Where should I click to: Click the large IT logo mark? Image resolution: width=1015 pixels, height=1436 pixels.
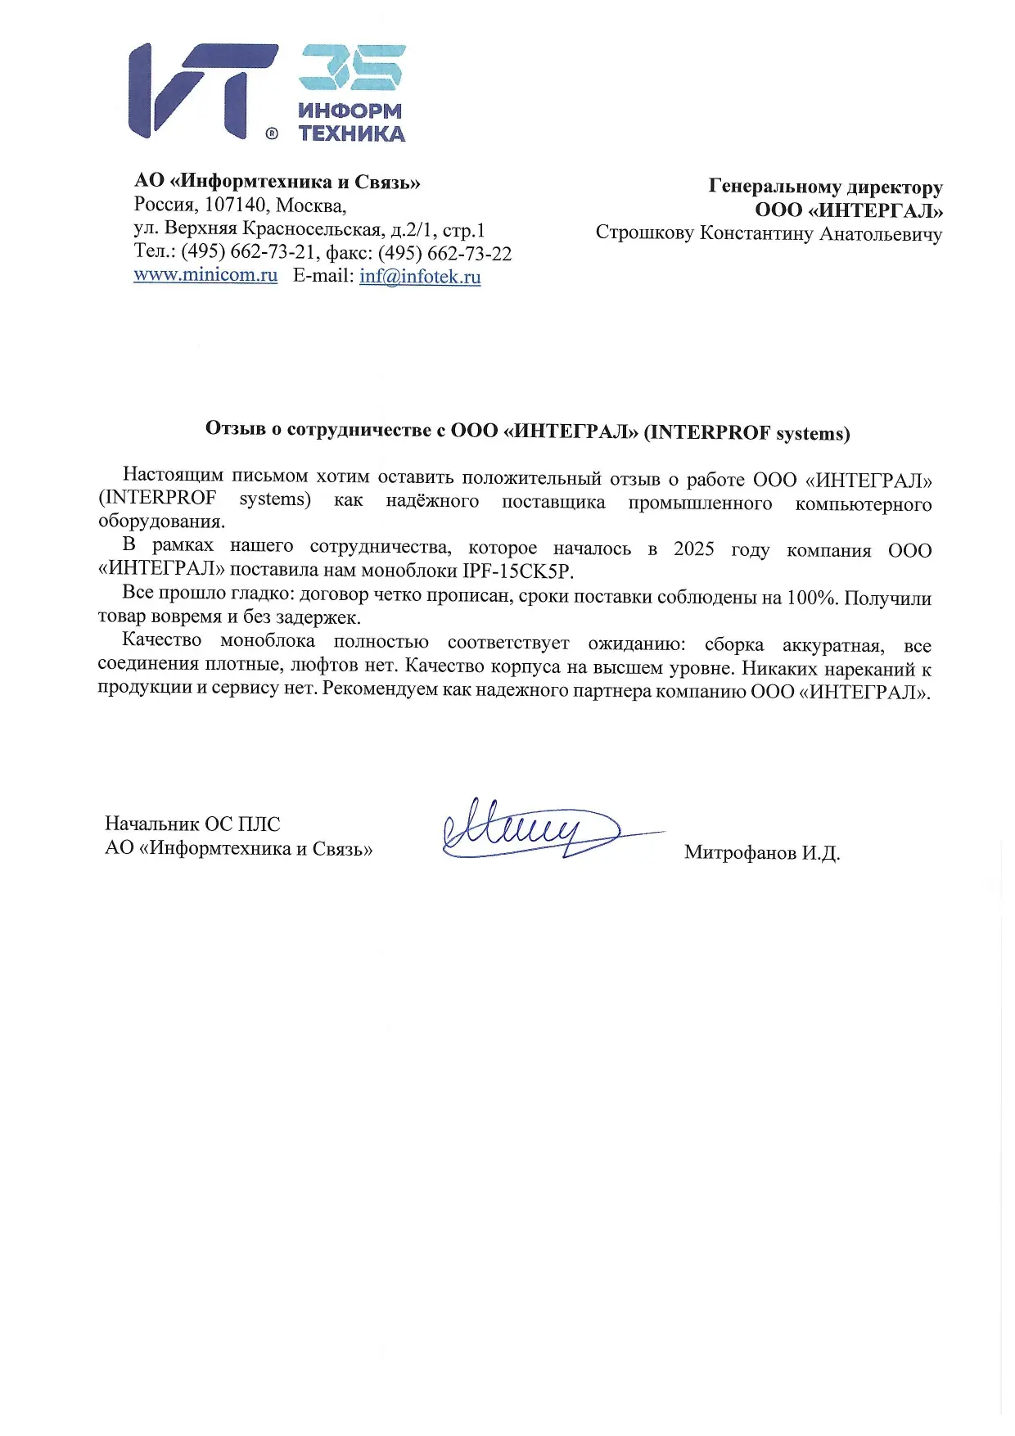click(201, 90)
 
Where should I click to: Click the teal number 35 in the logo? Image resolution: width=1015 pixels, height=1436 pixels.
click(352, 67)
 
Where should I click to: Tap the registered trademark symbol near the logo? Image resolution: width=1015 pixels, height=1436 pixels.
click(272, 133)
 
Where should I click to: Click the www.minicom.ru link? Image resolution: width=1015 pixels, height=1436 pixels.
click(205, 274)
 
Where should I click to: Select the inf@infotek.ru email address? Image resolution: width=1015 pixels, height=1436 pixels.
click(420, 276)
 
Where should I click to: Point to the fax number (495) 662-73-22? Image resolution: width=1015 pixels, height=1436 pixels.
click(444, 253)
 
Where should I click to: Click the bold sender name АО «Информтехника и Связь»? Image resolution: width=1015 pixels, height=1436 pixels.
click(277, 182)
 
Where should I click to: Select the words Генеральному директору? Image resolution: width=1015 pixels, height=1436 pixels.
click(825, 187)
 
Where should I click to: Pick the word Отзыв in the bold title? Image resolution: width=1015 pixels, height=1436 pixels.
click(235, 428)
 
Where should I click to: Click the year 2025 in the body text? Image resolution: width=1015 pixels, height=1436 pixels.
click(693, 549)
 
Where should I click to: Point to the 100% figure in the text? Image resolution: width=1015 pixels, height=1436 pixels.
click(810, 598)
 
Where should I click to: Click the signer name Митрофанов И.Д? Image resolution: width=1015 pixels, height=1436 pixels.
click(762, 852)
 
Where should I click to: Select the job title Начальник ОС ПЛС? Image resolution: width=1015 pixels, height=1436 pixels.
click(192, 824)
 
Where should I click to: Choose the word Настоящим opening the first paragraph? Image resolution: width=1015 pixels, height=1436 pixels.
click(172, 475)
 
